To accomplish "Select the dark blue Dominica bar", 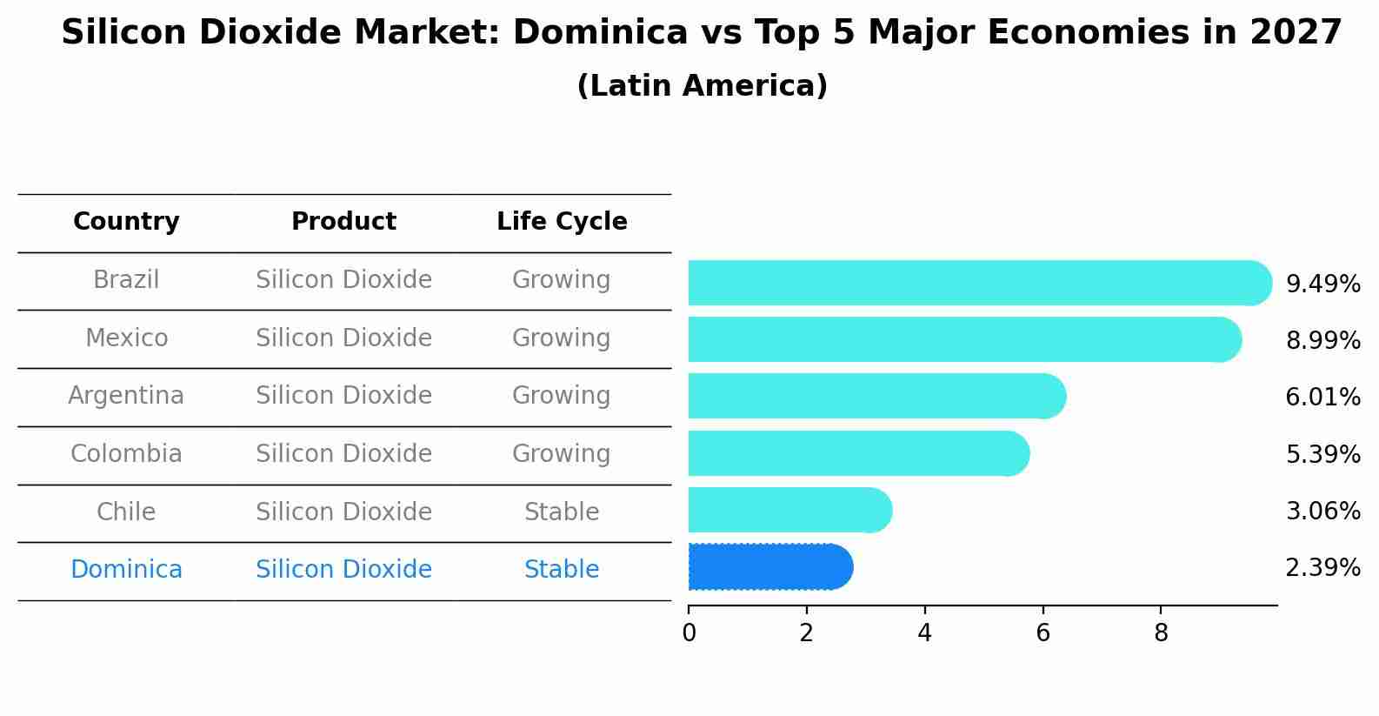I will click(x=770, y=567).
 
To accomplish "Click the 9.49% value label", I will click(x=1322, y=284).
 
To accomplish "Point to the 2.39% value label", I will click(x=1322, y=568).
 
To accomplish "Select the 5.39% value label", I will click(x=1322, y=454).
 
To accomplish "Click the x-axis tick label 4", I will click(x=924, y=633).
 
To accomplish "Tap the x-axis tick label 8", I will click(x=1161, y=633).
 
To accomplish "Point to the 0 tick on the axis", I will click(x=689, y=633).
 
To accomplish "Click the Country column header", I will click(x=126, y=222).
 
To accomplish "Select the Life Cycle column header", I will click(x=562, y=222).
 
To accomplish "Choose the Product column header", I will click(x=343, y=222).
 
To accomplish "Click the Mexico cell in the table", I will click(x=126, y=338).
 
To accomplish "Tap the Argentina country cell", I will click(x=126, y=396).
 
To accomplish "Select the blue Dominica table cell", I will click(x=126, y=570).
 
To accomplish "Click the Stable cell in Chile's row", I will click(x=562, y=512).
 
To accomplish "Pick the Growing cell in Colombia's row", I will click(x=562, y=453).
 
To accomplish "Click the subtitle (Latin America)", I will click(x=702, y=86).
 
